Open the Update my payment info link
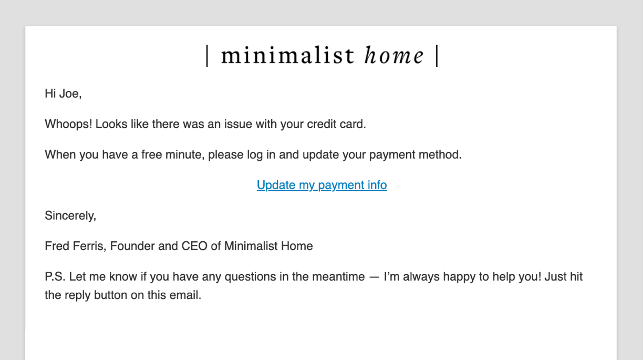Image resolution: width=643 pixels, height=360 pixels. click(x=321, y=185)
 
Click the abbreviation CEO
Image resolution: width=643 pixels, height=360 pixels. click(x=194, y=246)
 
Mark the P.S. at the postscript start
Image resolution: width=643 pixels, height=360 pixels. click(x=55, y=276)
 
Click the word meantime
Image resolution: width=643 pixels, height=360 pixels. click(x=337, y=276)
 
